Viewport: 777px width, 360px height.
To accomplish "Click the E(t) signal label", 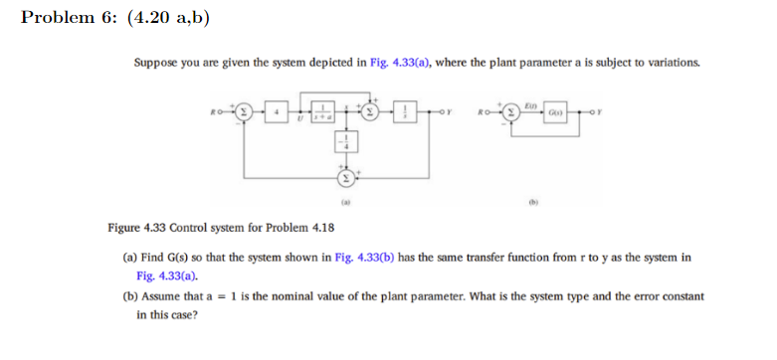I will [532, 101].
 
